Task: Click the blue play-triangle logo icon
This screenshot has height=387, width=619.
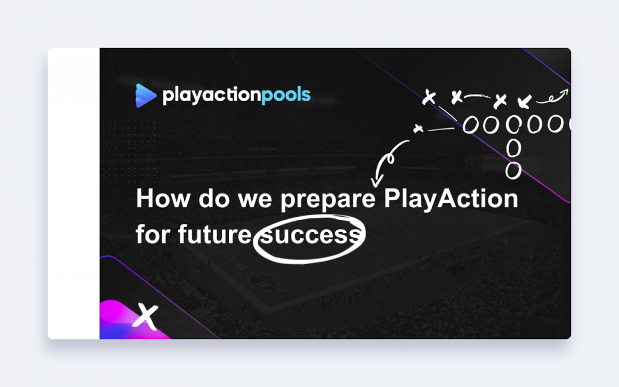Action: point(145,95)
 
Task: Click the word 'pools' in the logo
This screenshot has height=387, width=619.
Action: point(286,95)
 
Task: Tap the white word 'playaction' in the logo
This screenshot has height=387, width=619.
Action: point(211,95)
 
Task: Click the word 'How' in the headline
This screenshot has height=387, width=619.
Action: point(163,198)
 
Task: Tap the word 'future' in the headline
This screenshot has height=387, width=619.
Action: point(215,234)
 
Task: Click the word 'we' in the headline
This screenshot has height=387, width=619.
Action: point(255,200)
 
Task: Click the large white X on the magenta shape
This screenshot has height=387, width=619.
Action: point(145,316)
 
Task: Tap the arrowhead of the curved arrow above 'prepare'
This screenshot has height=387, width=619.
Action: point(377,182)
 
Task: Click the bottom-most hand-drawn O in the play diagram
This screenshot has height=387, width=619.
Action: point(513,171)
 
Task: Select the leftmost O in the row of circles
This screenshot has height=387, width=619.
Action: point(470,125)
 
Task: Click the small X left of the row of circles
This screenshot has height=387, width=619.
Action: point(418,128)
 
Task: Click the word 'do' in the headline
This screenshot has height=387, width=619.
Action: point(214,198)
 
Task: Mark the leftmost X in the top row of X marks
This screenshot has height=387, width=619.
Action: point(429,97)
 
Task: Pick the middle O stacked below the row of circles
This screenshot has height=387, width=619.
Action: point(514,148)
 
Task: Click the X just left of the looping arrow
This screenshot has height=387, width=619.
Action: point(525,101)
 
